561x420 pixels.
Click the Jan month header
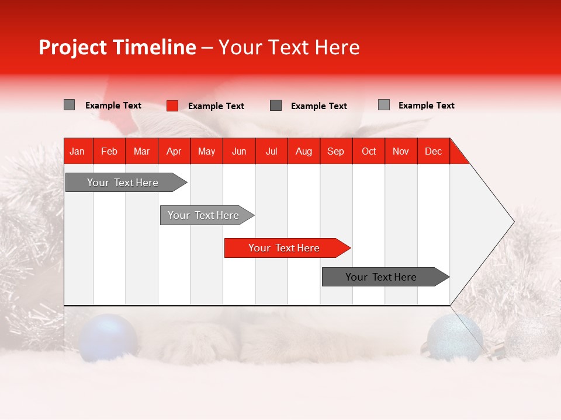pyautogui.click(x=78, y=151)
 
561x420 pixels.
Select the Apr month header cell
pyautogui.click(x=174, y=151)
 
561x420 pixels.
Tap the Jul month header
pyautogui.click(x=271, y=151)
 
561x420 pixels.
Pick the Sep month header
pyautogui.click(x=335, y=151)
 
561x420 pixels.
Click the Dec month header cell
pyautogui.click(x=433, y=151)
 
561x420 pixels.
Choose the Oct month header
pyautogui.click(x=368, y=151)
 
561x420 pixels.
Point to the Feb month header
pyautogui.click(x=109, y=151)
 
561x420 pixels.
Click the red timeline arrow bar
pyautogui.click(x=286, y=248)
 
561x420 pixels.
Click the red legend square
pyautogui.click(x=172, y=106)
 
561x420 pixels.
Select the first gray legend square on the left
pyautogui.click(x=69, y=105)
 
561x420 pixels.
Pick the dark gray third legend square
pyautogui.click(x=276, y=106)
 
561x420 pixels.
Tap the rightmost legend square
pyautogui.click(x=383, y=105)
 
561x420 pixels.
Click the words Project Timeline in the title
pyautogui.click(x=117, y=47)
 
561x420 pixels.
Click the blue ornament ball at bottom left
pyautogui.click(x=108, y=337)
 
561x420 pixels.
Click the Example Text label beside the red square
pyautogui.click(x=216, y=106)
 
